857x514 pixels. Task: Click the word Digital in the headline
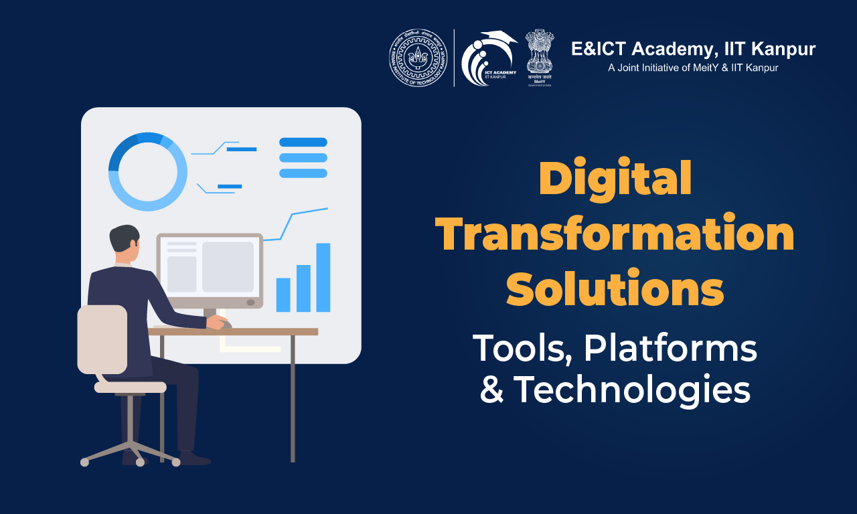pos(615,180)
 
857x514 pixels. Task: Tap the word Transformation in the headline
pos(615,235)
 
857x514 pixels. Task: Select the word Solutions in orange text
pos(615,289)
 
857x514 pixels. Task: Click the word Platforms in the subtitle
pos(670,349)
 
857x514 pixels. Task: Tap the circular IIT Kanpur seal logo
pos(418,58)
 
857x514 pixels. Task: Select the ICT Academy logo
pos(488,58)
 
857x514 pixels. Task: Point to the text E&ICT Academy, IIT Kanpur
pos(693,49)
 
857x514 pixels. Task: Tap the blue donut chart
pos(148,171)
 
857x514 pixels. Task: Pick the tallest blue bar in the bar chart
pos(323,277)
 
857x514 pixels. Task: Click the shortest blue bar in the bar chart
pos(283,294)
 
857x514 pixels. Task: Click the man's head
pos(125,243)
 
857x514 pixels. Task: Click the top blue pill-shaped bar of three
pos(303,142)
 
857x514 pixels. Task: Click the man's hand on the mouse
pos(218,322)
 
